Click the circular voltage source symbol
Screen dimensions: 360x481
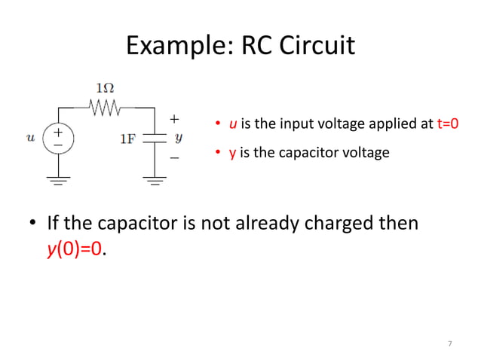point(58,139)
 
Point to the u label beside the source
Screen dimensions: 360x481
point(30,138)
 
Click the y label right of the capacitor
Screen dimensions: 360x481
point(179,139)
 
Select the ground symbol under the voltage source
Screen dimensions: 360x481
point(58,180)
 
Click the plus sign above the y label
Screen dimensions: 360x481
point(174,119)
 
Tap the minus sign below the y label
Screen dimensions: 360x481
point(174,158)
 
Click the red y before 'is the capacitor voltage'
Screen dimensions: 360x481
point(233,154)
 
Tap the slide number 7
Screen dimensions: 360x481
point(449,344)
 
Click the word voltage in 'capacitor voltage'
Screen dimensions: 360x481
point(366,153)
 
